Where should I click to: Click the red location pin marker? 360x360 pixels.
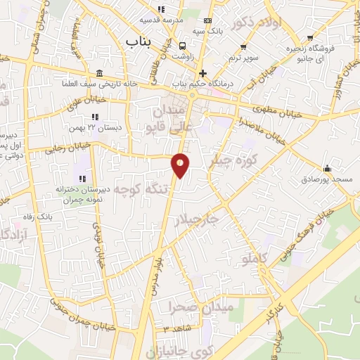pos(180,166)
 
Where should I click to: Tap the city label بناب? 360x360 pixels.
pos(139,43)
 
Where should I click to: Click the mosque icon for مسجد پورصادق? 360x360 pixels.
pos(327,168)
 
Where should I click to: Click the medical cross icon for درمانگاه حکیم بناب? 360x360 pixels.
pos(202,74)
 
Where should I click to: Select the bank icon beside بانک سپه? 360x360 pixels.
pos(207,21)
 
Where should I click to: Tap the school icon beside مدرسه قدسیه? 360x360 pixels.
pos(160,10)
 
